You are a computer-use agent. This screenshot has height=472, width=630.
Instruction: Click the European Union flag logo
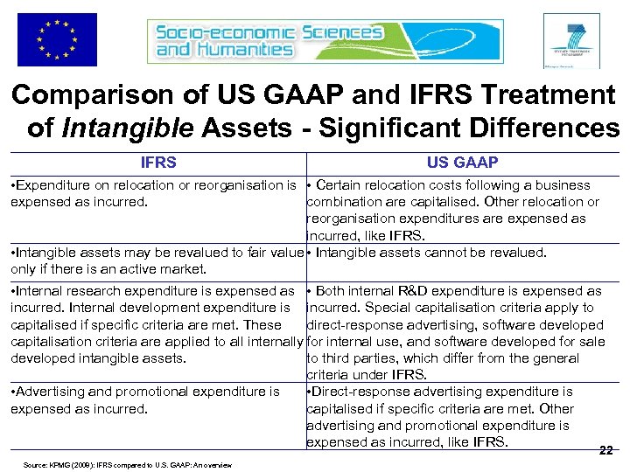(x=57, y=39)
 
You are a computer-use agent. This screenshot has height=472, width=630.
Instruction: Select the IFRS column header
(x=158, y=163)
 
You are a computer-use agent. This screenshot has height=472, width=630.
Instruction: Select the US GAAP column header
(x=462, y=163)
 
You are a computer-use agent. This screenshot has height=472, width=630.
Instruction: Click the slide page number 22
(x=605, y=451)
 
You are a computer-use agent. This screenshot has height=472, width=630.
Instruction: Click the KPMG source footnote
(x=122, y=465)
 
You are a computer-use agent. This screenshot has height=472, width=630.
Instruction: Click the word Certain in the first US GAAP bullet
(x=340, y=185)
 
